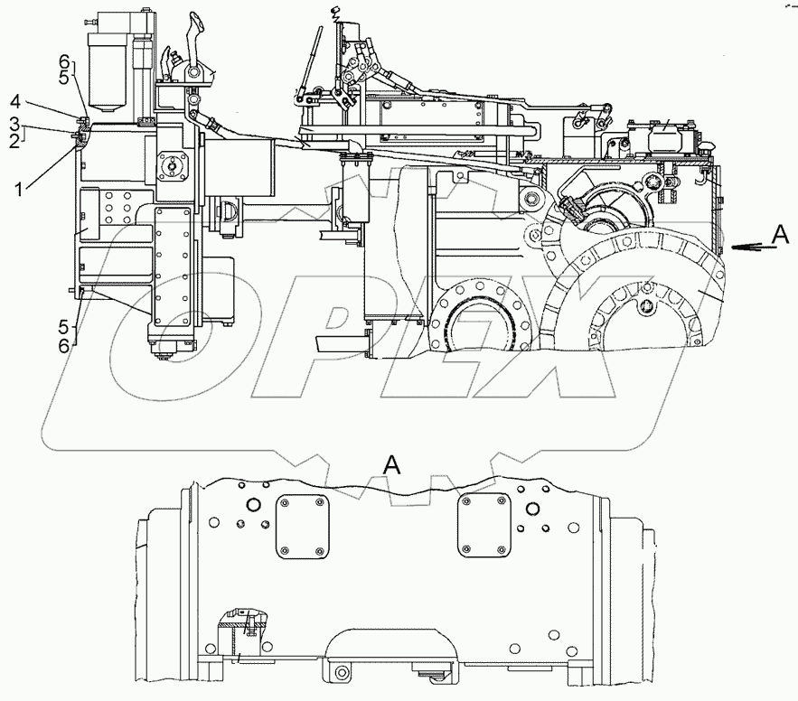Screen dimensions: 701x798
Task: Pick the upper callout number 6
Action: coord(62,59)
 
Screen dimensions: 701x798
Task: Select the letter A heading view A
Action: coord(391,465)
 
